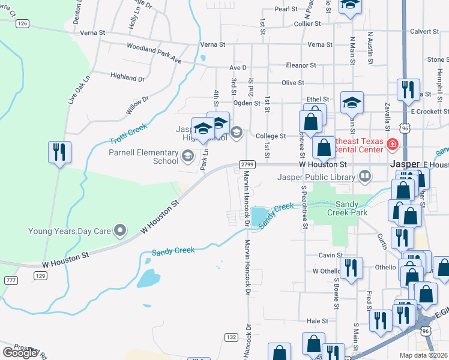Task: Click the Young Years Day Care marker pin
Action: tap(121, 230)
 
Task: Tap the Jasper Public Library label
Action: tap(317, 176)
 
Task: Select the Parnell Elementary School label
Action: tap(143, 157)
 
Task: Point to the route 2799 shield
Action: tap(247, 164)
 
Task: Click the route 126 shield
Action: tap(23, 23)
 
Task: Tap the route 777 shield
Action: tap(10, 280)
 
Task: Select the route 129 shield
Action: tap(40, 275)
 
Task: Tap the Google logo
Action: tap(20, 352)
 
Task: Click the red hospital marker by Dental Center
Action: tap(393, 144)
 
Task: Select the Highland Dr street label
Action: tap(128, 77)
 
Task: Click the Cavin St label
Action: tap(330, 255)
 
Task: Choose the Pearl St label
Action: tap(286, 9)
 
